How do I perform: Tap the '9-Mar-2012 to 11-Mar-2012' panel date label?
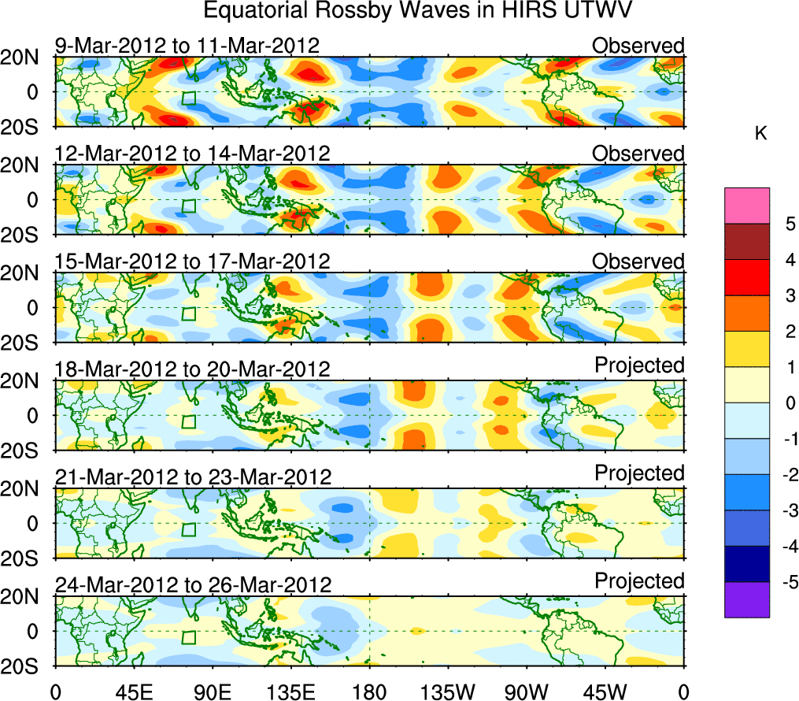pos(187,46)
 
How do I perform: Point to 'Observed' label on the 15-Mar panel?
pos(638,261)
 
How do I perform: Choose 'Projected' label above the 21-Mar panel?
pos(639,473)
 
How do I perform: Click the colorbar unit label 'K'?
pos(761,135)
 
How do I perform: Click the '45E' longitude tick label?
pos(133,692)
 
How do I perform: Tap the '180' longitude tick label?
pos(369,692)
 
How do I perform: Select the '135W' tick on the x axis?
pos(448,692)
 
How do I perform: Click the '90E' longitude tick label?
pos(212,692)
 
